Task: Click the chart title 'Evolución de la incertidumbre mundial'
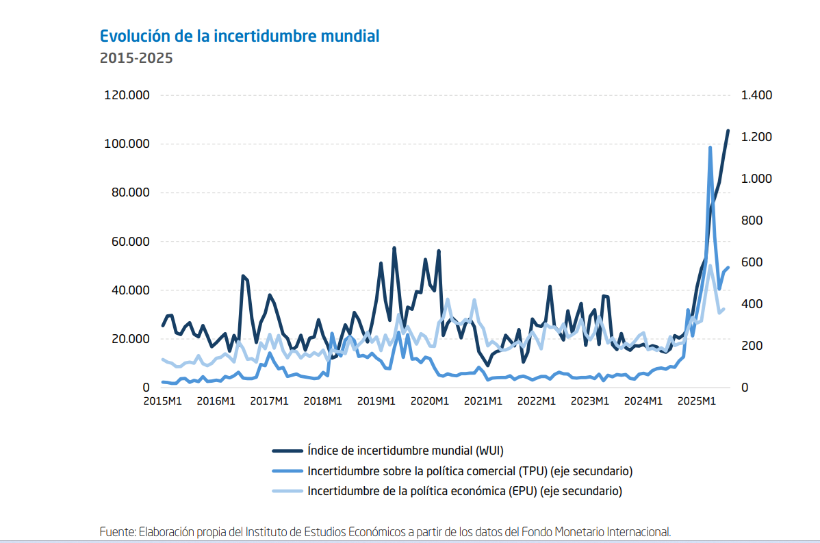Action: click(x=239, y=36)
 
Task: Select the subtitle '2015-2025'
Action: click(x=136, y=58)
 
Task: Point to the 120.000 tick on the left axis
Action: click(x=127, y=95)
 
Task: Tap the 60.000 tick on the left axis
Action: click(x=129, y=242)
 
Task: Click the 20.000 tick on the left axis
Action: click(x=129, y=339)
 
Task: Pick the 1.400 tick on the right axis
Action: click(x=756, y=95)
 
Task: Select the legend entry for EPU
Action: click(x=465, y=491)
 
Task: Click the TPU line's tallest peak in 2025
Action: click(x=710, y=147)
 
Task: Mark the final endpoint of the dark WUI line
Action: click(x=728, y=130)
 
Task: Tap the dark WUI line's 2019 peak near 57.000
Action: click(x=394, y=248)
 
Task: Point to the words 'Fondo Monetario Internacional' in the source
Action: click(x=595, y=531)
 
